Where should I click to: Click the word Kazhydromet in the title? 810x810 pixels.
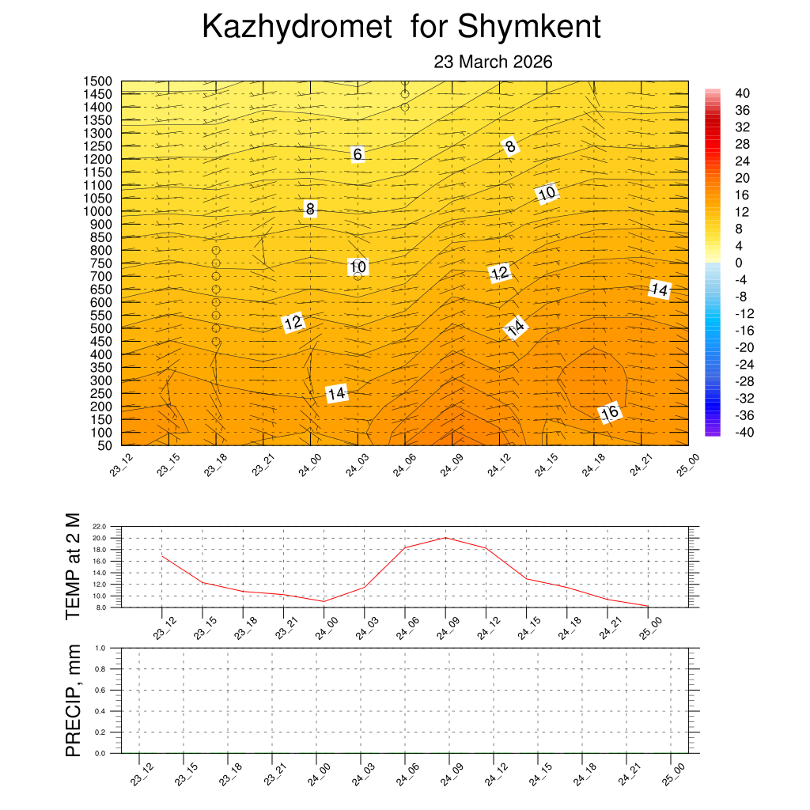coord(297,27)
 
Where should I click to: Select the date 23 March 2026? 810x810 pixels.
coord(493,62)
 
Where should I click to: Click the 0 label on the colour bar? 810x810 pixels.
coord(739,263)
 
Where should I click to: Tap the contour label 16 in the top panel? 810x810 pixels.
coord(609,412)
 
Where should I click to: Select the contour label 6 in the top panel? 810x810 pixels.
coord(358,154)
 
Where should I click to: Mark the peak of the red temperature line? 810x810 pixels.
coord(445,538)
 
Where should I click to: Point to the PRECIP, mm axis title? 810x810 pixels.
coord(73,700)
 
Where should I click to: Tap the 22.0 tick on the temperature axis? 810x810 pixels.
coord(100,526)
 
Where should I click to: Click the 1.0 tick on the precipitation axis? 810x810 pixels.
coord(100,647)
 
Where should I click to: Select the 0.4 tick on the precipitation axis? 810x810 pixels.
coord(100,711)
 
